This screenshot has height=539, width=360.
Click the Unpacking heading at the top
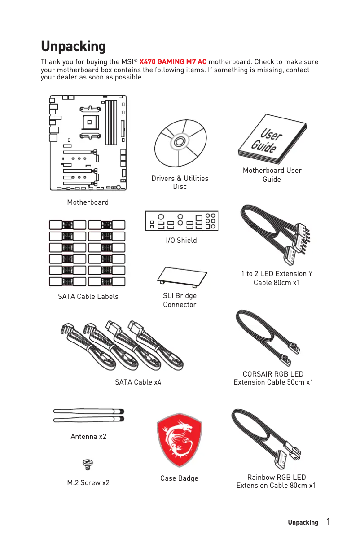tap(73, 46)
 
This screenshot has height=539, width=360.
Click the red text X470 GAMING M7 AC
tap(173, 61)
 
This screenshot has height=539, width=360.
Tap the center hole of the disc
tap(179, 142)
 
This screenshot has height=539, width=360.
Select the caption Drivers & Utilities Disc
tap(180, 182)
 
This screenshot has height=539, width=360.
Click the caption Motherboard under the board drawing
tap(88, 202)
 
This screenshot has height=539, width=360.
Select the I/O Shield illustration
tap(181, 221)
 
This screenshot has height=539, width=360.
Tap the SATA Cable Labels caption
tap(88, 296)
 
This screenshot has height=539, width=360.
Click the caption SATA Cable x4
tap(138, 382)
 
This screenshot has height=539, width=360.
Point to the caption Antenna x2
tap(88, 436)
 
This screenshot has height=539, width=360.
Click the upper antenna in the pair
tap(88, 411)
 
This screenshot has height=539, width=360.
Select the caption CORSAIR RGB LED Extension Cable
tap(273, 378)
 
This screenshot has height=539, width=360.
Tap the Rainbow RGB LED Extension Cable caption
tap(276, 481)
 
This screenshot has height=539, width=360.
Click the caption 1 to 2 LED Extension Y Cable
tap(277, 278)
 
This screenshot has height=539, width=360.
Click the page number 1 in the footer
tap(329, 521)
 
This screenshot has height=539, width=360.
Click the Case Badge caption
tap(179, 478)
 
